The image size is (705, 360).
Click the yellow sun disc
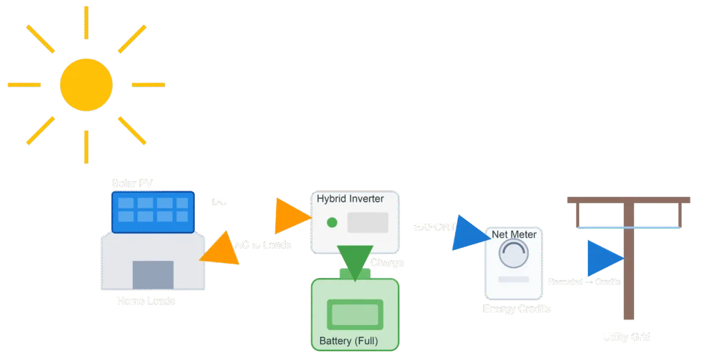pos(86,85)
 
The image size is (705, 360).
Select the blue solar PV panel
pos(152,211)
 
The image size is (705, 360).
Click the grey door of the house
pos(153,275)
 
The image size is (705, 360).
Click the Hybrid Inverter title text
pos(350,199)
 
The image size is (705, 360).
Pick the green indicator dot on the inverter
pos(332,222)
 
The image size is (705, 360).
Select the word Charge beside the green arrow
pos(387,263)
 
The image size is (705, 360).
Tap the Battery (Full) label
pos(348,341)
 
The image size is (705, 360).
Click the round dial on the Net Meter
pos(514,256)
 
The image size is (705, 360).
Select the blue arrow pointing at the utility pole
pos(604,258)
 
